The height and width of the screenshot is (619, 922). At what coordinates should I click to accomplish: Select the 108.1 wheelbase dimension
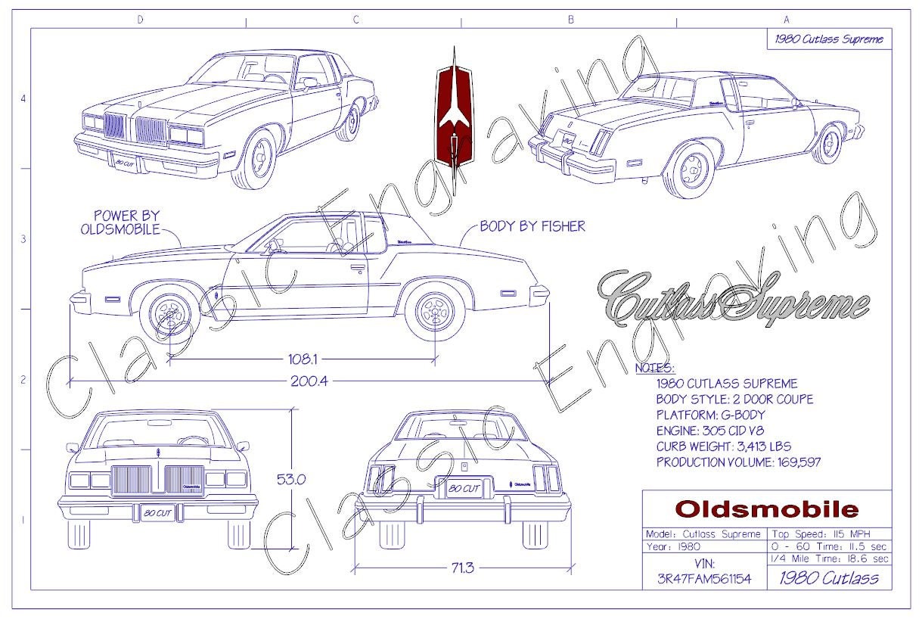pyautogui.click(x=302, y=356)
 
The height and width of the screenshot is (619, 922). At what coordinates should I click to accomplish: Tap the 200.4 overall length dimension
pyautogui.click(x=309, y=381)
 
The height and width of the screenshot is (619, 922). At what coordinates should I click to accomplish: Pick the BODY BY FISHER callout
pyautogui.click(x=532, y=226)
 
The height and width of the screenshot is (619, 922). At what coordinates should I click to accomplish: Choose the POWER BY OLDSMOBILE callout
pyautogui.click(x=126, y=223)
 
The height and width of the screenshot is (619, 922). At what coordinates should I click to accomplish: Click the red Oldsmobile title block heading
pyautogui.click(x=766, y=509)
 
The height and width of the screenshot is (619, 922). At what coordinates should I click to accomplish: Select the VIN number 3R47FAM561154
pyautogui.click(x=704, y=579)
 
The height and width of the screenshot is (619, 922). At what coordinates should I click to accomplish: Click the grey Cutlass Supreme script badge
pyautogui.click(x=732, y=297)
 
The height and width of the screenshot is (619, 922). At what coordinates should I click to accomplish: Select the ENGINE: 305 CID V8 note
pyautogui.click(x=726, y=431)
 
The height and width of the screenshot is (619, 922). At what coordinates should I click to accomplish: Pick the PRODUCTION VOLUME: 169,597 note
pyautogui.click(x=738, y=462)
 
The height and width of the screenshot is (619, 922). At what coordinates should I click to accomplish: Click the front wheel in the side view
pyautogui.click(x=170, y=313)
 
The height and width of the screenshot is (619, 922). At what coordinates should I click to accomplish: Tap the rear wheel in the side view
pyautogui.click(x=435, y=312)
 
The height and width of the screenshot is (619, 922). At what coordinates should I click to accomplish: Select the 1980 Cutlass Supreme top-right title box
pyautogui.click(x=828, y=39)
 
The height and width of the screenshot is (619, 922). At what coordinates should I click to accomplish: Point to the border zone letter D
pyautogui.click(x=140, y=20)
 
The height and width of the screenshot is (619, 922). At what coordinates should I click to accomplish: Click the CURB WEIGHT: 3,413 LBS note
pyautogui.click(x=723, y=446)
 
